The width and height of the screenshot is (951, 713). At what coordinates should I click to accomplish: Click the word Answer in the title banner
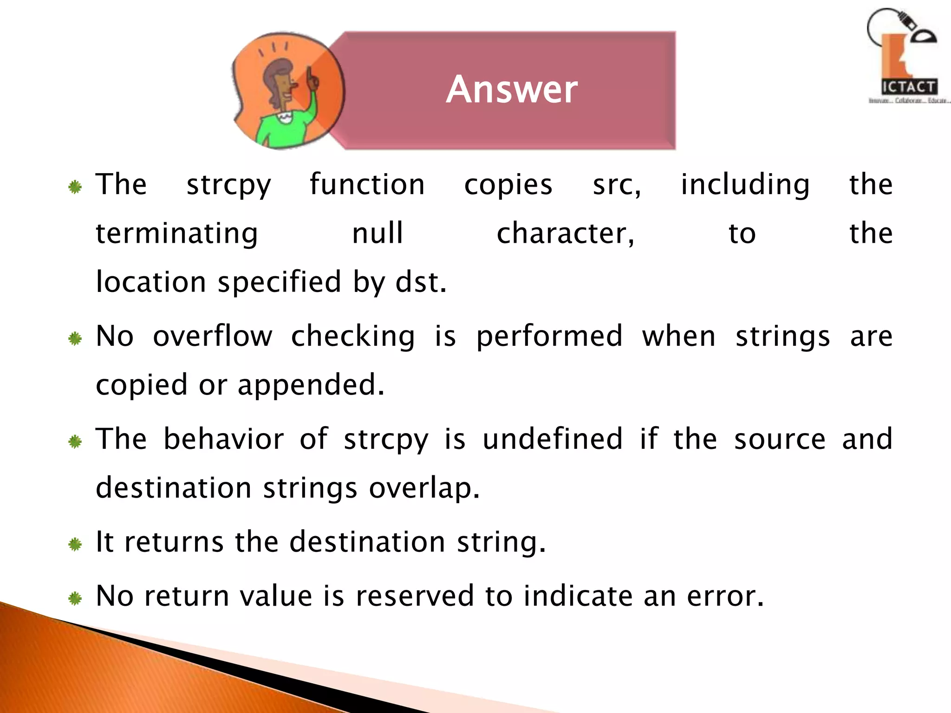512,89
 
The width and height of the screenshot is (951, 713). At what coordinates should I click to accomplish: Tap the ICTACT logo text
909,87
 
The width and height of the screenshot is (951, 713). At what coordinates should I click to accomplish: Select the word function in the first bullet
367,184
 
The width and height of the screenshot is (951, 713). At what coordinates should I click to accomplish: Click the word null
378,233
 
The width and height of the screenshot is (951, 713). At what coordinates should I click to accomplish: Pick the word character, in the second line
566,233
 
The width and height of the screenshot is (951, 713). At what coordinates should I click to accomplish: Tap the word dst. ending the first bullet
421,282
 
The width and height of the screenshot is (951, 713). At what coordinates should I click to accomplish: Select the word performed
549,337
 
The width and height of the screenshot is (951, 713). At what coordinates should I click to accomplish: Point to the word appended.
311,385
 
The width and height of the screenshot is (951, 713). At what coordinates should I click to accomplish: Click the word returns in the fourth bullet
174,542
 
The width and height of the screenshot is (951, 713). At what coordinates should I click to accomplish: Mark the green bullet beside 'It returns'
75,544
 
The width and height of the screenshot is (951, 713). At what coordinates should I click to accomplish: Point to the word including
745,185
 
